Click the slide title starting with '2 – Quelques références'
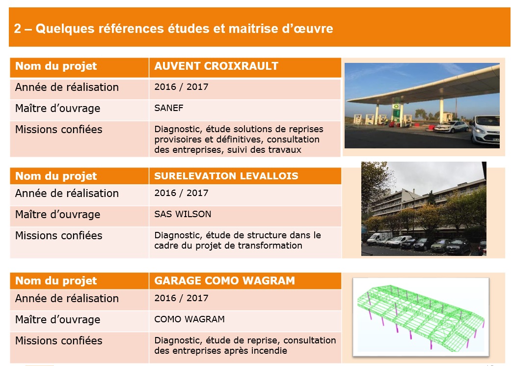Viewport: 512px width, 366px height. click(173, 28)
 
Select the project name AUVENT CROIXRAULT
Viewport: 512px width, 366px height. click(216, 66)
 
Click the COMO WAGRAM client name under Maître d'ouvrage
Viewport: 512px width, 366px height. click(189, 319)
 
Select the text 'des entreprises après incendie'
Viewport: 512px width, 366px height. click(221, 351)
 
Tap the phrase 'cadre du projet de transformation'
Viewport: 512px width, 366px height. click(228, 246)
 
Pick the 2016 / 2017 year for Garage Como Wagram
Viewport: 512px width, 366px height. click(181, 298)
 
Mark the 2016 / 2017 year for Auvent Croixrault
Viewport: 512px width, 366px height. click(181, 87)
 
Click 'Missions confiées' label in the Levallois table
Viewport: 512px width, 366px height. click(59, 235)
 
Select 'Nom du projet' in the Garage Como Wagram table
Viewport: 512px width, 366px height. click(56, 281)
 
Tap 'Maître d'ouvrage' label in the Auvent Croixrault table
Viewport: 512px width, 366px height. click(58, 108)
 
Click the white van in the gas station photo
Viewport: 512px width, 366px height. click(485, 129)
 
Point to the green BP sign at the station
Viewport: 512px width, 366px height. click(396, 112)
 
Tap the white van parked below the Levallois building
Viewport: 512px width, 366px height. click(378, 239)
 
